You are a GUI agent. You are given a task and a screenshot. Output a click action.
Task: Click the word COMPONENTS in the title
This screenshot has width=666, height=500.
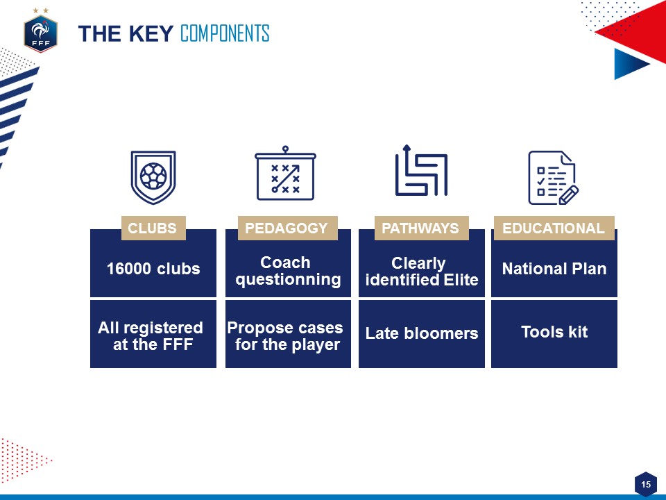(x=225, y=33)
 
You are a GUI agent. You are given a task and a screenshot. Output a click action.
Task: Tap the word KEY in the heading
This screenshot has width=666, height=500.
(x=151, y=33)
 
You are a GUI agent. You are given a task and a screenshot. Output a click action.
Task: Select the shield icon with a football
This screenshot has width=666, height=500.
(x=153, y=177)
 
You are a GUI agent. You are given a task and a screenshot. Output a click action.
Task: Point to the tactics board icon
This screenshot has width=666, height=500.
(x=285, y=173)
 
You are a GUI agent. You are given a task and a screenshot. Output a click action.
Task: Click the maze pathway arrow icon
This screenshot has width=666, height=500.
(x=421, y=171)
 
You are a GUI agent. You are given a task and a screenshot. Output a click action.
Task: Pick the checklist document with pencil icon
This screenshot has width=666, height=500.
(x=553, y=178)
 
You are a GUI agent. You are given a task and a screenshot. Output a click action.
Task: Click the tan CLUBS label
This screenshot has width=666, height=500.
(x=153, y=228)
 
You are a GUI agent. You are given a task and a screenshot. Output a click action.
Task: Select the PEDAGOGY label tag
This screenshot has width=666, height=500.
(x=287, y=228)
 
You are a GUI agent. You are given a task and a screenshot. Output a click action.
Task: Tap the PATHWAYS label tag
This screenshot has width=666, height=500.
(x=421, y=228)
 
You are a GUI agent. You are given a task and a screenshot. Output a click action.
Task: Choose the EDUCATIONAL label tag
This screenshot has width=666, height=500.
(x=554, y=228)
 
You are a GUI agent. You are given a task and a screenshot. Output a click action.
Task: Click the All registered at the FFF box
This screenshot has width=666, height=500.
(x=153, y=334)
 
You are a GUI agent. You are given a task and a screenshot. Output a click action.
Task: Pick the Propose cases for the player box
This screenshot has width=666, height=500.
(x=288, y=334)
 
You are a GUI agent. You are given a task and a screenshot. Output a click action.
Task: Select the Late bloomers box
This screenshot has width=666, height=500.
(x=422, y=334)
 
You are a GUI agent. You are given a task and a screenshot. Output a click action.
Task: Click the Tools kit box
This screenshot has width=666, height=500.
(x=554, y=334)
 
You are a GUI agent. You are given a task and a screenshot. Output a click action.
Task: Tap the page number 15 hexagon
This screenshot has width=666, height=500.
(x=646, y=484)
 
